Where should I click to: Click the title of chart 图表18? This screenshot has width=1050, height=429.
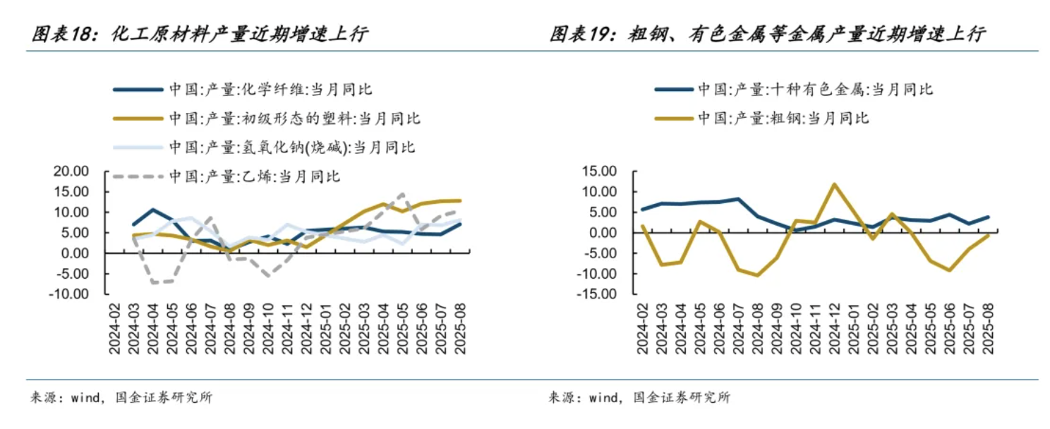(x=199, y=35)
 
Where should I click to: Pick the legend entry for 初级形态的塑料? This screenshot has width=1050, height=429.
(x=294, y=118)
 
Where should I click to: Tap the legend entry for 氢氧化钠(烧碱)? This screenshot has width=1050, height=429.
(x=291, y=147)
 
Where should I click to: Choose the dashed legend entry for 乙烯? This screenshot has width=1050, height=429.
(x=255, y=176)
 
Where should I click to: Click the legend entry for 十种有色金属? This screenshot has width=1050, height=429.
(x=815, y=90)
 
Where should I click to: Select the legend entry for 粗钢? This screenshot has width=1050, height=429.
(x=783, y=118)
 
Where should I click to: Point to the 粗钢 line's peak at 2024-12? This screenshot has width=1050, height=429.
(x=833, y=184)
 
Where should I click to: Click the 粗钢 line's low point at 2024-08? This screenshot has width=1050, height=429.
(x=756, y=275)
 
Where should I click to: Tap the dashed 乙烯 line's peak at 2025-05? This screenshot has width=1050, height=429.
(x=402, y=194)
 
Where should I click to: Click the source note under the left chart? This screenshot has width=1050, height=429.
(x=120, y=398)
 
